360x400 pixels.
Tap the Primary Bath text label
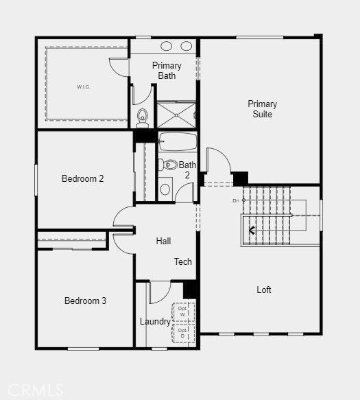(167, 71)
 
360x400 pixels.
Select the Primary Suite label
(262, 109)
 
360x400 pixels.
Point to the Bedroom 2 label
(83, 179)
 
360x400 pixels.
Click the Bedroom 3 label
(85, 301)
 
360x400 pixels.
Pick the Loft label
(264, 290)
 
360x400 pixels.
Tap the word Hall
(163, 241)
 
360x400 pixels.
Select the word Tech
(183, 261)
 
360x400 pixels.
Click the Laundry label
(155, 321)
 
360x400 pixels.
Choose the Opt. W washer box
(183, 311)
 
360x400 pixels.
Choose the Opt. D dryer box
(183, 333)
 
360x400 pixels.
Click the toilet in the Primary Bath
(142, 118)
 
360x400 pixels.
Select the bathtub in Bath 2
(178, 142)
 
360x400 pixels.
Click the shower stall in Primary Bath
(177, 114)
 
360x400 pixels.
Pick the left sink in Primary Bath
(167, 47)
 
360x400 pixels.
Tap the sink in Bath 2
(165, 189)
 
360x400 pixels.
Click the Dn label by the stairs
(235, 200)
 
